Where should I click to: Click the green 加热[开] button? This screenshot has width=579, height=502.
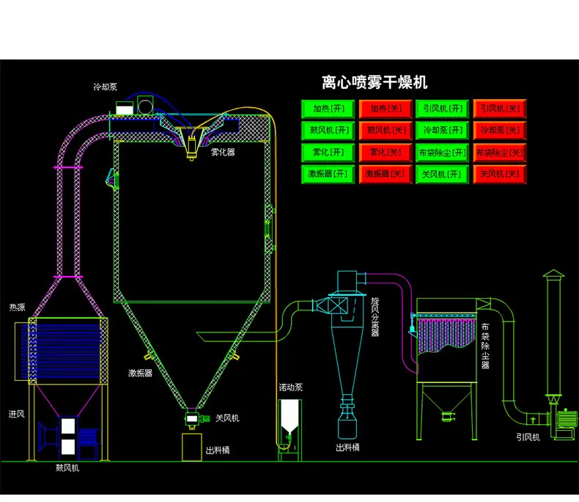328,109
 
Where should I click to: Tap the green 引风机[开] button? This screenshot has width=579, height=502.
442,109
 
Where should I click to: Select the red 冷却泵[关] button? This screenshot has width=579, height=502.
500,131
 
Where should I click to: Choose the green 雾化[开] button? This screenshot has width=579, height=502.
328,153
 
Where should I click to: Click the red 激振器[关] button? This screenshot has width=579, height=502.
385,174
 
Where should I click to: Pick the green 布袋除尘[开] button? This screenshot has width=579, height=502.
442,153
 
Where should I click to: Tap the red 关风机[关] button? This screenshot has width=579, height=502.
500,174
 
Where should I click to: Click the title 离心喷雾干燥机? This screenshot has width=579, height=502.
375,82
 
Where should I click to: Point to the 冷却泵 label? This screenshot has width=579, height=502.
106,87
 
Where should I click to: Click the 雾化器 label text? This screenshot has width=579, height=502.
223,152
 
